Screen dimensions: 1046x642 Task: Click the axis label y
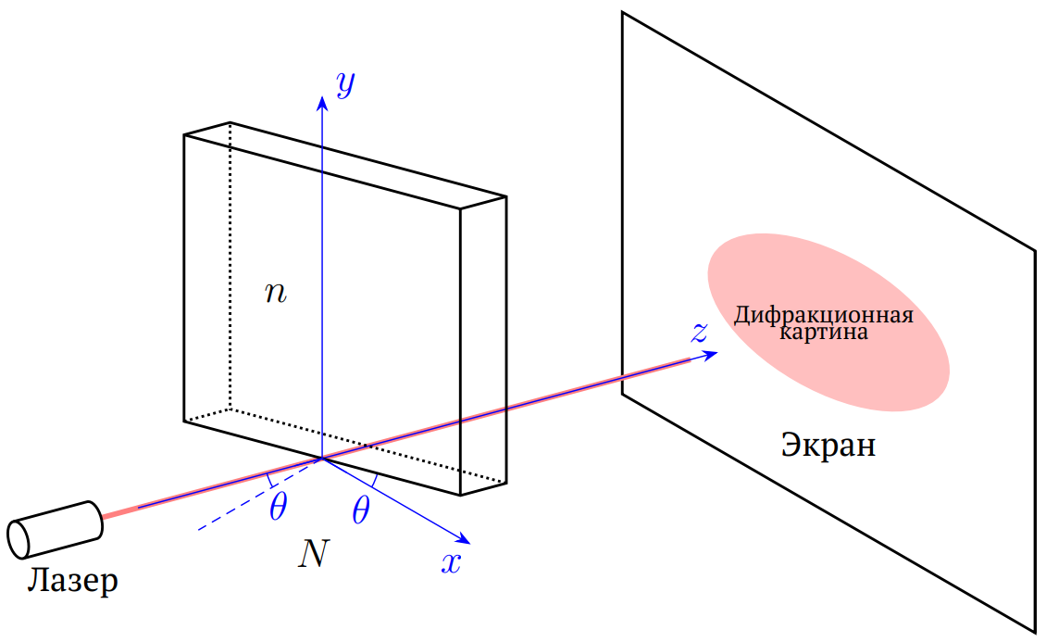pos(345,84)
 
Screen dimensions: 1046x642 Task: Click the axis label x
pos(452,563)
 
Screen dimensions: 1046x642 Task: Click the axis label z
pos(699,332)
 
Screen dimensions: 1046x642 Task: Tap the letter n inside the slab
pos(276,293)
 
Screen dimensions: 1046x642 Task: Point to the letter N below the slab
pos(314,553)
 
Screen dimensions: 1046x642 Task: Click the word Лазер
pos(73,581)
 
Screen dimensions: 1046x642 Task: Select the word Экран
pos(828,445)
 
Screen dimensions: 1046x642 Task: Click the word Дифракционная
pos(824,314)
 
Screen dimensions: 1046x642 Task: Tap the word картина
pos(824,332)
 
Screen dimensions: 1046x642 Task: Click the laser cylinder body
pos(56,529)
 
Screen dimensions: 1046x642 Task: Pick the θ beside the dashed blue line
pos(279,507)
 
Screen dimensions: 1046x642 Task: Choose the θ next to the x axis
pos(361,511)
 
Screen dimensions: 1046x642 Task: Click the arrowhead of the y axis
pos(322,102)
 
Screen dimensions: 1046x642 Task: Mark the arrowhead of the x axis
pos(465,539)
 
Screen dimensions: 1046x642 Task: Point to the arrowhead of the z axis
pos(711,355)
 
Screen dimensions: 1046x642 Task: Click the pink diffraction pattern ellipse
pos(828,321)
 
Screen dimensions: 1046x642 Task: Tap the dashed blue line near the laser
pos(260,494)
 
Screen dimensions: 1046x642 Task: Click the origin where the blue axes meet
pos(322,459)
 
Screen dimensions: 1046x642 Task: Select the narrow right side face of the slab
pos(483,346)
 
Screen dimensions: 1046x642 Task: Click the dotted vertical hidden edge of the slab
pos(230,266)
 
